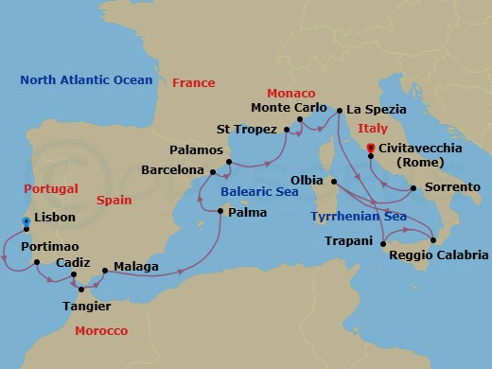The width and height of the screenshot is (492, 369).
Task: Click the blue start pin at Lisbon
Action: tap(26, 222)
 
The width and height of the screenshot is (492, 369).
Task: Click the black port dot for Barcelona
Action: tap(213, 172)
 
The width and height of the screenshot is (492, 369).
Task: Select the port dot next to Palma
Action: tap(220, 211)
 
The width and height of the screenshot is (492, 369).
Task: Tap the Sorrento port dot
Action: tap(413, 190)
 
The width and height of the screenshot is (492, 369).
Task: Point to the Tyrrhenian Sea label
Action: tap(361, 217)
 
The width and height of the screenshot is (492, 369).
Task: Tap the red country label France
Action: tap(193, 83)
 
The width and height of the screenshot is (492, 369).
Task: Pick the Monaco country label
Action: tap(291, 94)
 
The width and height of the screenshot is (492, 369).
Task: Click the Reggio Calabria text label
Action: tap(444, 255)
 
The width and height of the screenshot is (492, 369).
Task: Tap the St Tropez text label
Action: tap(247, 129)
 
